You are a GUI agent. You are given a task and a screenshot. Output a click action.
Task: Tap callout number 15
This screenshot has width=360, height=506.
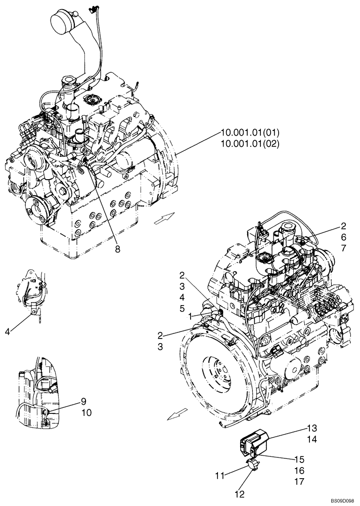coord(299,459)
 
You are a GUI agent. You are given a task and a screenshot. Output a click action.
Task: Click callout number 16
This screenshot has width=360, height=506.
coord(299,470)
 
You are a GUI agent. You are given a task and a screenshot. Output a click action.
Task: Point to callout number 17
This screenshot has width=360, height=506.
coord(299,481)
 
